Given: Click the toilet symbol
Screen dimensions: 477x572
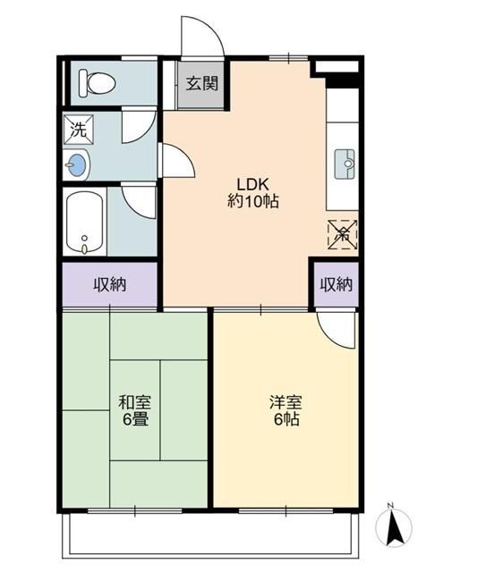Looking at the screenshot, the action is click(98, 83).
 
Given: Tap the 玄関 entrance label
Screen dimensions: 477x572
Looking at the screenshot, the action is click(202, 83).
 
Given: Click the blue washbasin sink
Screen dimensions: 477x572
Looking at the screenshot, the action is click(76, 164).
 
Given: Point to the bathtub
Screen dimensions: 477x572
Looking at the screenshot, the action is click(85, 223).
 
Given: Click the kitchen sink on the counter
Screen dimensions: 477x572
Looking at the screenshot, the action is click(345, 164).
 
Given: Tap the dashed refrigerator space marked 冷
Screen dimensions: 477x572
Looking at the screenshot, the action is click(342, 234).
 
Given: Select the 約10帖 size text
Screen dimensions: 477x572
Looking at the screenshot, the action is click(252, 201).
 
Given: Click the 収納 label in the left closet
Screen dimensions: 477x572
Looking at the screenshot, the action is click(110, 284).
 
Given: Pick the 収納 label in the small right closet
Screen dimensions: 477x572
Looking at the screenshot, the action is click(336, 284).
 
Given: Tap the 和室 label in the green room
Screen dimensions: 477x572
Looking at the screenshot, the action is click(135, 402).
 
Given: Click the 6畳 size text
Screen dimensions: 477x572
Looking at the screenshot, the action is click(135, 419).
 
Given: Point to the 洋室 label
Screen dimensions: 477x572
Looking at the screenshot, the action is click(285, 402).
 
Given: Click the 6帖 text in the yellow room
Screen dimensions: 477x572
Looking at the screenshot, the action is click(286, 419).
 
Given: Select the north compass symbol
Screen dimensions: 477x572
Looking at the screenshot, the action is click(394, 527).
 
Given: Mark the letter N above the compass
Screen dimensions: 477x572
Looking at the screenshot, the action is click(390, 505).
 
